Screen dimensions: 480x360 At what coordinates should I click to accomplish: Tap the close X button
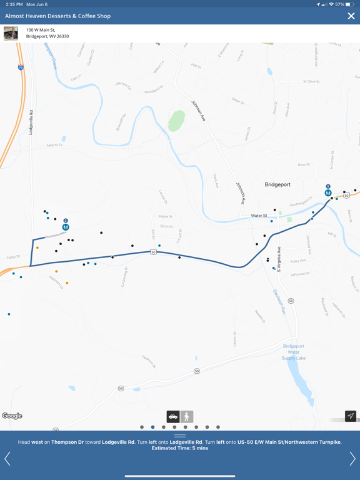351,16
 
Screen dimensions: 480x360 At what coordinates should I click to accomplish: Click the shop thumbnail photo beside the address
11,33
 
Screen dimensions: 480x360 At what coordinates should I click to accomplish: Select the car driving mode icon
173,416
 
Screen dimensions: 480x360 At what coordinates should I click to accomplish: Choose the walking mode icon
187,416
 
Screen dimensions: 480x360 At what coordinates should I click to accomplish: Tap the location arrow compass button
351,416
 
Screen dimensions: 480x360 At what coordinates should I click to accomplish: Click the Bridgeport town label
277,185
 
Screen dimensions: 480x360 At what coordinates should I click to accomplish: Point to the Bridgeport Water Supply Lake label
293,352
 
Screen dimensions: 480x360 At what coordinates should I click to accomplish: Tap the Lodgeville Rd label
31,122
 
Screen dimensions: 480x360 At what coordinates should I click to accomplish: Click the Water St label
259,216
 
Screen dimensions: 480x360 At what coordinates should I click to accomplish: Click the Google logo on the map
12,416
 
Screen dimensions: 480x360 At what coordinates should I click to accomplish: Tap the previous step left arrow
7,459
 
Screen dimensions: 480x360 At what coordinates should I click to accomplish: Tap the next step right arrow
352,459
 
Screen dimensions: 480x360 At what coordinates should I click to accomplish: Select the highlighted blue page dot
152,427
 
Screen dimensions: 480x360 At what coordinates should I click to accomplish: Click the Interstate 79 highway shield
21,67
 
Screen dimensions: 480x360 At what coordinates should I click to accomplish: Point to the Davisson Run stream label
279,301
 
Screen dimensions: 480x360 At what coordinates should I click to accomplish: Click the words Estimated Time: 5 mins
180,448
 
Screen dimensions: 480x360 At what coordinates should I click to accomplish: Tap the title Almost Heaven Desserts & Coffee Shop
58,16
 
